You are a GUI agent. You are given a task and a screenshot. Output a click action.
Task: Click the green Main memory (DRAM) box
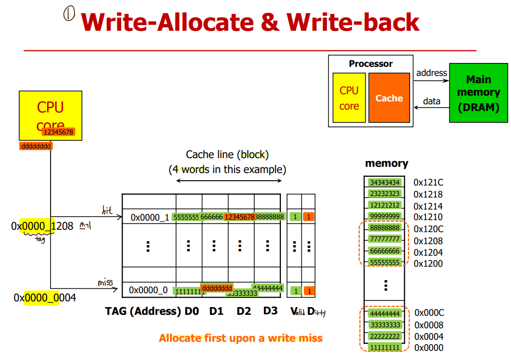(x=478, y=93)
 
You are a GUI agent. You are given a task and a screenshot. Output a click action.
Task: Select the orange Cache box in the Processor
(x=389, y=98)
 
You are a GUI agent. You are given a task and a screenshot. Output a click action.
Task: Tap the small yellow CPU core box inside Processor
(x=349, y=98)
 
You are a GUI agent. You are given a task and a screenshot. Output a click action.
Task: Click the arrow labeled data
(x=431, y=107)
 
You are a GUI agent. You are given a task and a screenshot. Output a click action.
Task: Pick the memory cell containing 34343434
(x=385, y=183)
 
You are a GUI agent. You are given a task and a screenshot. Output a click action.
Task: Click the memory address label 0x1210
(x=428, y=217)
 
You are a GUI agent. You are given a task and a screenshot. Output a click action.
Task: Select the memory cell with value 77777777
(x=385, y=239)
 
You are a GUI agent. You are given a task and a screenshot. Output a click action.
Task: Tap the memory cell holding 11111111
(x=385, y=347)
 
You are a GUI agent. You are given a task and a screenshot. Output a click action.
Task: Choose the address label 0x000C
(x=429, y=313)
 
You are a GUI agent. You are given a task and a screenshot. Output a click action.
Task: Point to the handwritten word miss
(x=105, y=283)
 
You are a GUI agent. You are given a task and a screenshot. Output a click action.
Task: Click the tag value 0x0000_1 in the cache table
(x=150, y=218)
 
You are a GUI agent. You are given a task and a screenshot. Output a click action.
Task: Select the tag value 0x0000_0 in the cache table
(x=149, y=290)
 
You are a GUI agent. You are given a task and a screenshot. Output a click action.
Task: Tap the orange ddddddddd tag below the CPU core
(x=36, y=146)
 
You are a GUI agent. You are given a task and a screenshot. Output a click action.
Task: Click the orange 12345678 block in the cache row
(x=239, y=217)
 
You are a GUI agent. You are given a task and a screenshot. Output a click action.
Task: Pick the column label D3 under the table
(x=270, y=311)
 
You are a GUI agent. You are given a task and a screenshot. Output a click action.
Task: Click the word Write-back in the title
(x=353, y=23)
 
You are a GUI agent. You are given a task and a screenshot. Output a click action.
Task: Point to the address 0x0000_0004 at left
(x=45, y=298)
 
